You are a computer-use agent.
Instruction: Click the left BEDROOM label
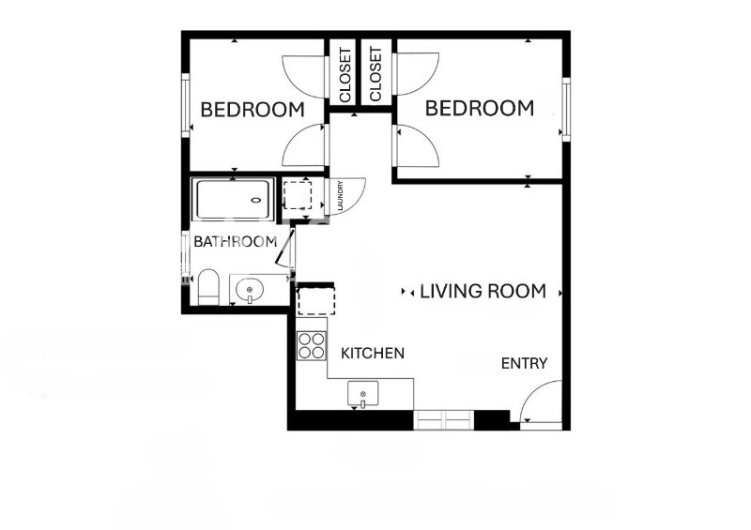(253, 110)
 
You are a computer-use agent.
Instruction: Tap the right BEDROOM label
(480, 108)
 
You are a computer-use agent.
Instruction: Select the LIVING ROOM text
(483, 292)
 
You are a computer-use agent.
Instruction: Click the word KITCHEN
(373, 354)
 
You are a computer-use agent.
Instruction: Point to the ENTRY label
(524, 364)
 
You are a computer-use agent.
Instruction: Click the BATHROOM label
(235, 242)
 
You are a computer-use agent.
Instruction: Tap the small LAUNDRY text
(342, 196)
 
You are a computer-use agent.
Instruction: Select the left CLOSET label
(345, 75)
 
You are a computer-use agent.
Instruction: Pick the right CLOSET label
(375, 75)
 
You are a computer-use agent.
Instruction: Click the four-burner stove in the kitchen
(312, 346)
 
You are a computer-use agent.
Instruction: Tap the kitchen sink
(363, 393)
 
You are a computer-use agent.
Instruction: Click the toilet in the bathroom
(208, 288)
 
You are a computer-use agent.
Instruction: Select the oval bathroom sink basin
(250, 289)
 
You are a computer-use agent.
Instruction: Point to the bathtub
(234, 199)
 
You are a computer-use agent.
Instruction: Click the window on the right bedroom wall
(566, 109)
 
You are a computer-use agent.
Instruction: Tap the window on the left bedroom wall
(185, 105)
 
